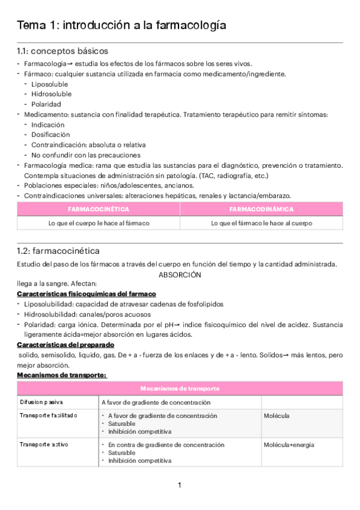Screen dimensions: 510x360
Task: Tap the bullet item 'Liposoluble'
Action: pos(49,84)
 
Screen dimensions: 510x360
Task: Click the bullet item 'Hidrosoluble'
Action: pos(51,94)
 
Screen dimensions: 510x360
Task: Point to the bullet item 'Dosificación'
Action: pos(50,135)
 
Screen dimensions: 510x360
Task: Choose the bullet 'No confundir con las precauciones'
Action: pos(82,155)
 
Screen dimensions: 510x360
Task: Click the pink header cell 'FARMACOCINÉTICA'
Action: pos(99,209)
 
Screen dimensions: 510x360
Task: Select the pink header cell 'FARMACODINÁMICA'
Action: pos(261,209)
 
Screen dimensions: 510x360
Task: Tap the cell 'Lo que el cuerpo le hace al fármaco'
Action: pos(99,223)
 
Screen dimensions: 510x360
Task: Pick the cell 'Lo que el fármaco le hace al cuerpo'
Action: pos(261,223)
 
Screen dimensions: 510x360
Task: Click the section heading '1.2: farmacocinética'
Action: pos(58,251)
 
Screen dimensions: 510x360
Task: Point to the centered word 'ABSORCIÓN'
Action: pos(180,274)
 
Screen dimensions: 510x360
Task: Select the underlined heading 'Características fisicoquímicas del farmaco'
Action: pos(87,293)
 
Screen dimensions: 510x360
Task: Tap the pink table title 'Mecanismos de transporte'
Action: pos(180,388)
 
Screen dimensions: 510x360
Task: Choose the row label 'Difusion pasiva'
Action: pos(41,402)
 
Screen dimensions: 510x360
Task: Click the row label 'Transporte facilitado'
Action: pos(48,416)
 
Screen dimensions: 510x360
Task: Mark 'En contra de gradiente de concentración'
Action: pos(166,445)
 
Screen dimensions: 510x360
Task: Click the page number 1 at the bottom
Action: pos(180,485)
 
